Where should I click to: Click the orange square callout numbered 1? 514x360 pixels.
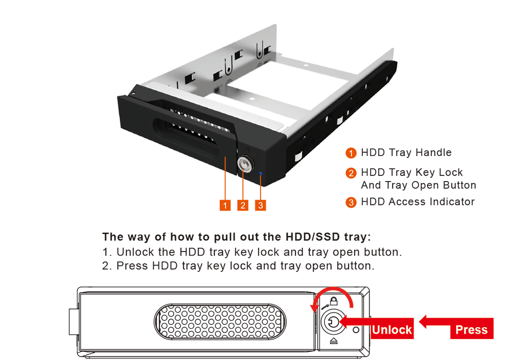[225, 205]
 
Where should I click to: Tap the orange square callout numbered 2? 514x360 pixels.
[243, 205]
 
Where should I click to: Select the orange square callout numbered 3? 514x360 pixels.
[260, 205]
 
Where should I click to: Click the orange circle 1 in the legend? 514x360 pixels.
[351, 153]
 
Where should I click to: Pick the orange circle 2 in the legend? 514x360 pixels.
[351, 173]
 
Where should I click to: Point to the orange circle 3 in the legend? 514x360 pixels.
[351, 202]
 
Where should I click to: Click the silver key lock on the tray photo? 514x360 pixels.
[244, 164]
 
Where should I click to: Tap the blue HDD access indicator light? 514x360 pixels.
[261, 173]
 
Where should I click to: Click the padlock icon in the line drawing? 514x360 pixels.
[334, 301]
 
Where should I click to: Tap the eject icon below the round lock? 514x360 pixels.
[334, 341]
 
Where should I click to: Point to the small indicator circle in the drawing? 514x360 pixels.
[356, 330]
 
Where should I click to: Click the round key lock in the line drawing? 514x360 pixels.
[334, 322]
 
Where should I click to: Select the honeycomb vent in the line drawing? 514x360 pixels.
[220, 321]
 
